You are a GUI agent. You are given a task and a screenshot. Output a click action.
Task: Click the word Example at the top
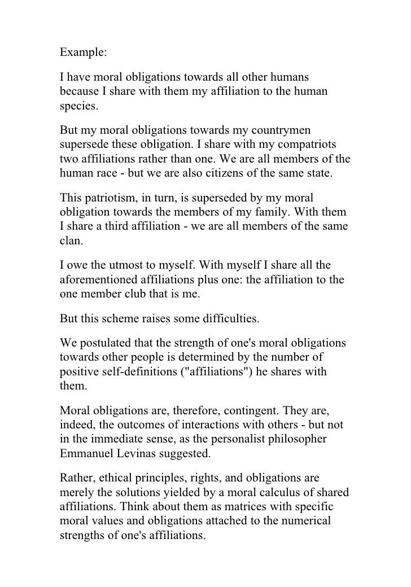pyautogui.click(x=81, y=53)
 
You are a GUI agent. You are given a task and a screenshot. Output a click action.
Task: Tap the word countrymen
pyautogui.click(x=272, y=131)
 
